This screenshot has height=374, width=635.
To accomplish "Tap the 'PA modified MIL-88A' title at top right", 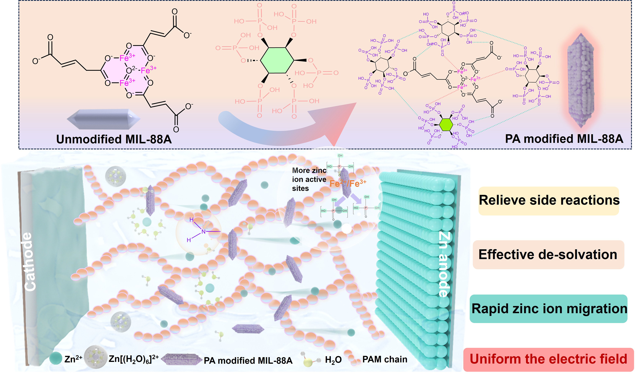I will pos(564,139).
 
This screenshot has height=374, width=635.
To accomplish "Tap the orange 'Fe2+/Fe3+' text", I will pos(348,183).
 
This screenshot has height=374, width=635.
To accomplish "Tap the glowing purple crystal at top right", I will pos(581,81).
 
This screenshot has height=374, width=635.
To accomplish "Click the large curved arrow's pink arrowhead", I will pos(338,121).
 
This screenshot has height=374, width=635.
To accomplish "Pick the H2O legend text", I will pos(333,360).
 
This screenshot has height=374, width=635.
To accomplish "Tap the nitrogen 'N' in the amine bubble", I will pos(204,232).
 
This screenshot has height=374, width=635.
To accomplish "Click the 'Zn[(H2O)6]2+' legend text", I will pos(134,359).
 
